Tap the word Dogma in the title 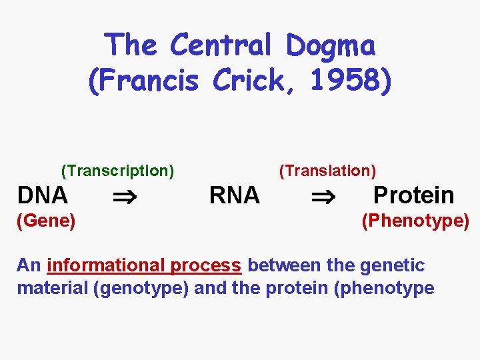point(331,45)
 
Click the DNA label point(43,195)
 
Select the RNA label point(235,195)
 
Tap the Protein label point(413,195)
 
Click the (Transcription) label point(117,171)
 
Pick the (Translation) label point(327,171)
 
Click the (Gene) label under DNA point(46,220)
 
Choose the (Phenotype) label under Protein point(415,220)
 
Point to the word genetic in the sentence point(392,265)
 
